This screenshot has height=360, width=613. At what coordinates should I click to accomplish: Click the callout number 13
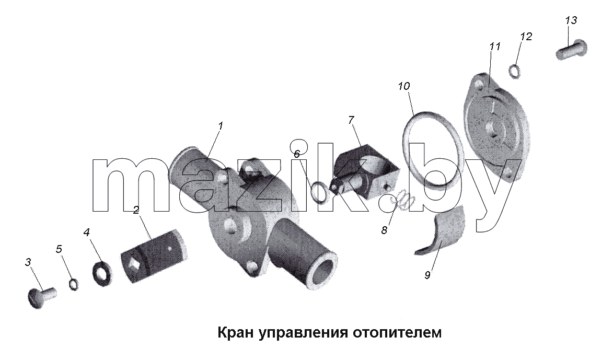571,20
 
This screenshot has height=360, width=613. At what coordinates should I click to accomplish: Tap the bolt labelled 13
571,50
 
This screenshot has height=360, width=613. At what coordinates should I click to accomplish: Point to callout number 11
494,47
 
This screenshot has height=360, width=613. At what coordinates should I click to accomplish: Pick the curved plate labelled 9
441,231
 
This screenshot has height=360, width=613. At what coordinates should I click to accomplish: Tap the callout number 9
427,275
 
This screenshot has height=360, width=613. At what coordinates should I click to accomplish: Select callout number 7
351,120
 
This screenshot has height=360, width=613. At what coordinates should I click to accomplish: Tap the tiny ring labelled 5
73,285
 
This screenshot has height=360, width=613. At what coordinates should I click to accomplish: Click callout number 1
221,126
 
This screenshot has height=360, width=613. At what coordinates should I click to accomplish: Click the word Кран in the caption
234,333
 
